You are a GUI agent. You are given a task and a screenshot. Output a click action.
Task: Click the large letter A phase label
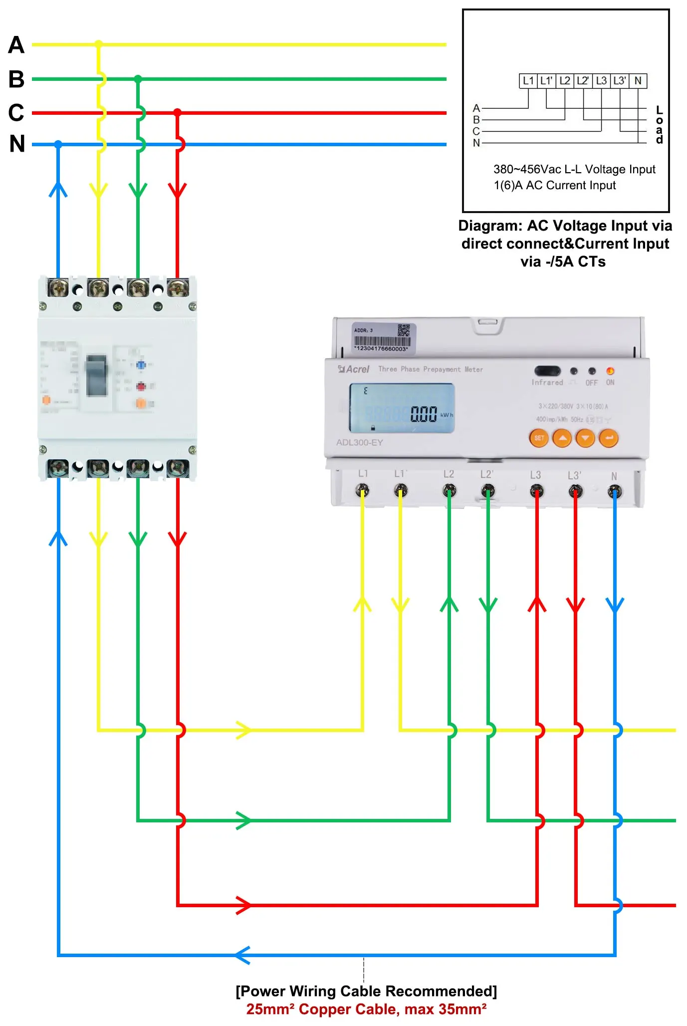pos(16,45)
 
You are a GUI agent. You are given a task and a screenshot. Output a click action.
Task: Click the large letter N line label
pos(17,144)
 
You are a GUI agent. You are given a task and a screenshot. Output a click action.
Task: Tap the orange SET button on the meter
pos(539,438)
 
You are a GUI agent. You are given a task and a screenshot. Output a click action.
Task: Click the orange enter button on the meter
pos(609,438)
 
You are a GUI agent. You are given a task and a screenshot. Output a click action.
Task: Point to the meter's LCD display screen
pos(402,409)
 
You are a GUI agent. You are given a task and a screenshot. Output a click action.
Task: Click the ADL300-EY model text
pos(359,443)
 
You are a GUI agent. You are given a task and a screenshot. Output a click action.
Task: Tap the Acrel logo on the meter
pos(354,369)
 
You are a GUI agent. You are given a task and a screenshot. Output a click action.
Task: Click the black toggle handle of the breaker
pos(97,375)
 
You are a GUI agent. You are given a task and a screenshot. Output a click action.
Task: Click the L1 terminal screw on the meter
pos(362,491)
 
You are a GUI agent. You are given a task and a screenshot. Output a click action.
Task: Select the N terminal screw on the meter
pos(615,492)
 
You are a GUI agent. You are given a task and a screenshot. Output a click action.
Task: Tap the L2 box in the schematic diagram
pos(565,81)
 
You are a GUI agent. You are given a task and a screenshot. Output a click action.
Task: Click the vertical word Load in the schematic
pos(660,125)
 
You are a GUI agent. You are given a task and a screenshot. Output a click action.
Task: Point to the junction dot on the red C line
pos(177,113)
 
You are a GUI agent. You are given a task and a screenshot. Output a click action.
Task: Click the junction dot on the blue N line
pos(58,144)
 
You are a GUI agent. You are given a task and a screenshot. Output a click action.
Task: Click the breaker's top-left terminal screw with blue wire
pos(58,287)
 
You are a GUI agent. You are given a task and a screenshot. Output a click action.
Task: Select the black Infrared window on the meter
pos(547,371)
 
